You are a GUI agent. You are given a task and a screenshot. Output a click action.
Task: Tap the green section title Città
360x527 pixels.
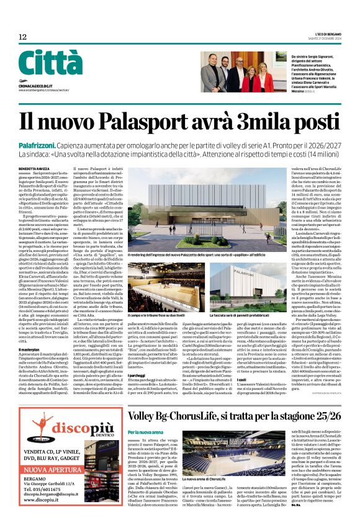pos(50,63)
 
